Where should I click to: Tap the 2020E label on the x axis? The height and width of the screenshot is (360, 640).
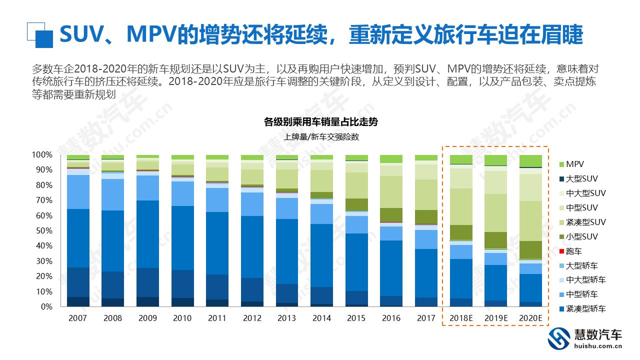530,318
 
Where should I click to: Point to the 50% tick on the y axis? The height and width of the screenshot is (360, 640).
42,231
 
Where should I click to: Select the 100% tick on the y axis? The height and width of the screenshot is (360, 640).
41,155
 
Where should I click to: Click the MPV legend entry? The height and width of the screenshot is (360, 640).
574,164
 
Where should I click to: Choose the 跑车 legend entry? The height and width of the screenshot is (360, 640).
574,251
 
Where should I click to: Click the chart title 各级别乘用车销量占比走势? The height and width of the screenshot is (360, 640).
321,121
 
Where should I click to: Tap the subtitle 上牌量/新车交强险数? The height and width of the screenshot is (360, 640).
321,136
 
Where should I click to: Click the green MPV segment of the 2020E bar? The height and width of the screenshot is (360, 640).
530,160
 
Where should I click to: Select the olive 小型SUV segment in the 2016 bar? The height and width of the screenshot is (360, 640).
390,215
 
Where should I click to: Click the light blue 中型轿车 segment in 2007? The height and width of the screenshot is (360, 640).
78,192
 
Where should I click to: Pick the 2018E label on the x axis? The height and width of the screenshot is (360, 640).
460,318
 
